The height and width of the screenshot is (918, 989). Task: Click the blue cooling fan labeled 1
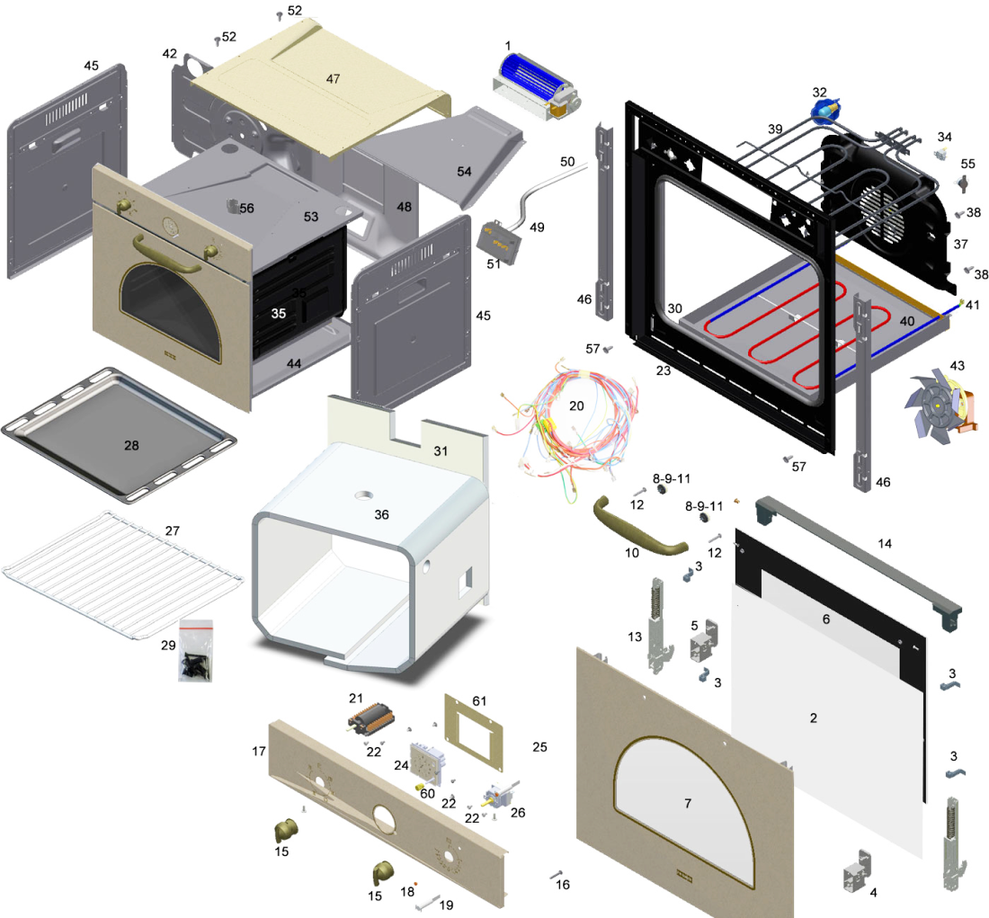pos(536,88)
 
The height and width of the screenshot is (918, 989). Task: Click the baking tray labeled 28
pos(119,435)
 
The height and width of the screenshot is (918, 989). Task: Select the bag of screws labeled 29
pos(195,650)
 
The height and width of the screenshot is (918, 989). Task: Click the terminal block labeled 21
pos(370,719)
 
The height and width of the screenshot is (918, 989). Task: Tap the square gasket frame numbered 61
pos(474,732)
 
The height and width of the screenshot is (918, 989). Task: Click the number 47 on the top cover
pos(333,79)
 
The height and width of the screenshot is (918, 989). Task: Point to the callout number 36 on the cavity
pos(381,515)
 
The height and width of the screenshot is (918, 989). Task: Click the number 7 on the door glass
pos(688,803)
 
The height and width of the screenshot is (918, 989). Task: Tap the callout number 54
pos(464,172)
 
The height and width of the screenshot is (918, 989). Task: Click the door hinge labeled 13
pos(656,625)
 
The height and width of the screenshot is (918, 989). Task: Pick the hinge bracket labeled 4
pos(857,872)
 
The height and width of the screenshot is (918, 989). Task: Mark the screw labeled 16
pos(556,875)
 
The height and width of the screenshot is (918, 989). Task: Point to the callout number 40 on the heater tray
pos(907,321)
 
